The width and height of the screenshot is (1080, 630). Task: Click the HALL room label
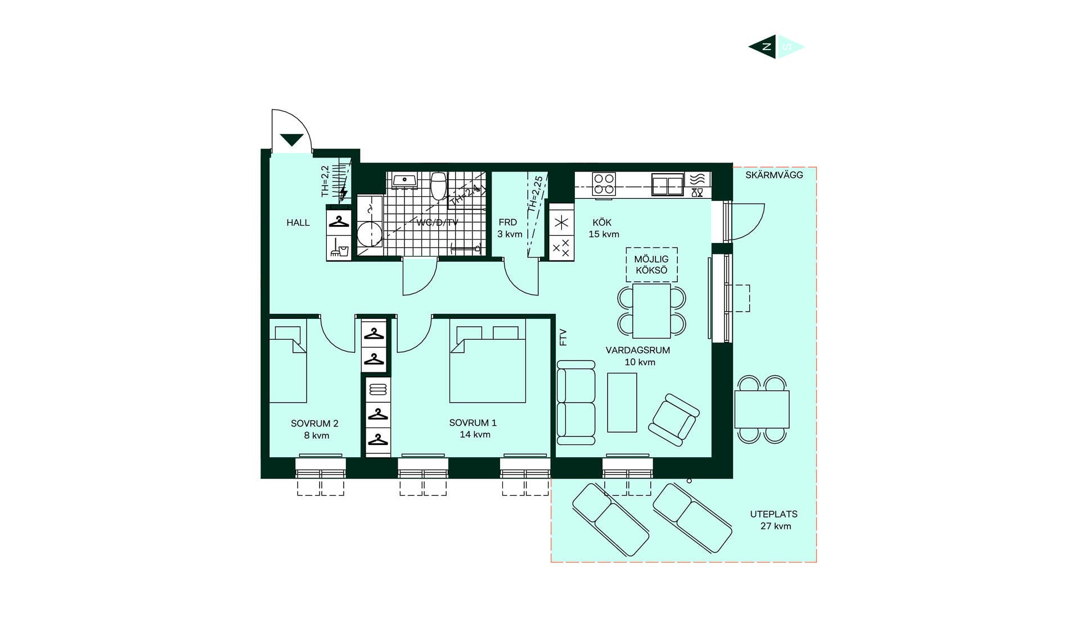coord(298,223)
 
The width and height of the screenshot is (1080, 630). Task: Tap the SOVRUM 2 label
coord(314,424)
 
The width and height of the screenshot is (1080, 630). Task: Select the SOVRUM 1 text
coord(472,422)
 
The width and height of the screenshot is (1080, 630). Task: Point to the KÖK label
coord(602,222)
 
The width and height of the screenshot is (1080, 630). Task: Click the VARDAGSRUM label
coord(638,350)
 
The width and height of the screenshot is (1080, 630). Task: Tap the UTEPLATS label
coord(773,514)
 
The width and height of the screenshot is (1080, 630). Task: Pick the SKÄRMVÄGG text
coord(774,175)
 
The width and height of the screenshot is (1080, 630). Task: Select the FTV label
coord(563,337)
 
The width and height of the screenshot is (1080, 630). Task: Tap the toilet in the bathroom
coord(439,186)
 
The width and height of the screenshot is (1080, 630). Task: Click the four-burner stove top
coord(604,184)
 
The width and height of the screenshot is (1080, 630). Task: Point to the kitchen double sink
coord(667,184)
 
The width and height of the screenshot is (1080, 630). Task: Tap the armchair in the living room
coord(674,420)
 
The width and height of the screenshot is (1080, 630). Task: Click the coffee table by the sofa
coord(622,402)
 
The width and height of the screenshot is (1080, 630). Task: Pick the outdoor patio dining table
coord(762,409)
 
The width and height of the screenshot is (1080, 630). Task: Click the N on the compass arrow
coord(766,47)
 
